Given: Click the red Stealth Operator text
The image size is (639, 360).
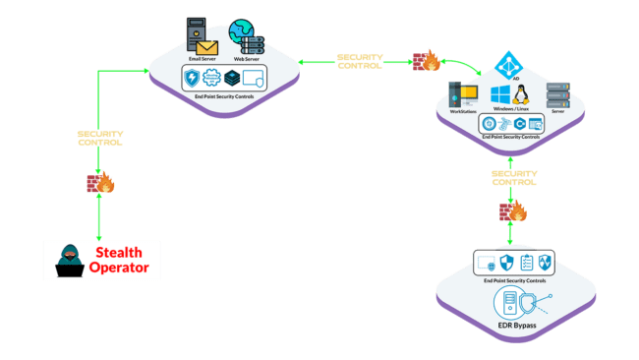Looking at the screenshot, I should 123,260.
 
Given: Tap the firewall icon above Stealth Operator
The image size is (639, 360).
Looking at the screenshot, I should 100,182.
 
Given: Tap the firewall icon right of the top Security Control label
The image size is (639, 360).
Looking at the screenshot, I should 427,61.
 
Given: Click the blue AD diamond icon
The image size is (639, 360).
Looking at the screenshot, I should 508,64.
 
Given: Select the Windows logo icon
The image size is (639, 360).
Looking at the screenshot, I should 498,95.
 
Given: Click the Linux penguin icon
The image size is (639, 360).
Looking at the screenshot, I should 522,95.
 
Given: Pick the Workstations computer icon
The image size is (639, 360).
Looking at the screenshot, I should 462,94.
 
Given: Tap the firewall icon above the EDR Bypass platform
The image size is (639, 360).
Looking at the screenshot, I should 512,210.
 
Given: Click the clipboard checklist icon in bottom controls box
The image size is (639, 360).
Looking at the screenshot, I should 526,263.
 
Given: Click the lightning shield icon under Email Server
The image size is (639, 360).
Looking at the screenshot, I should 193,78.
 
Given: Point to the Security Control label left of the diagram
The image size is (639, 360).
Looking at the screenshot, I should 100,138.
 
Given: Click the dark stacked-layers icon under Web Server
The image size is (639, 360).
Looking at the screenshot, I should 232,78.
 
